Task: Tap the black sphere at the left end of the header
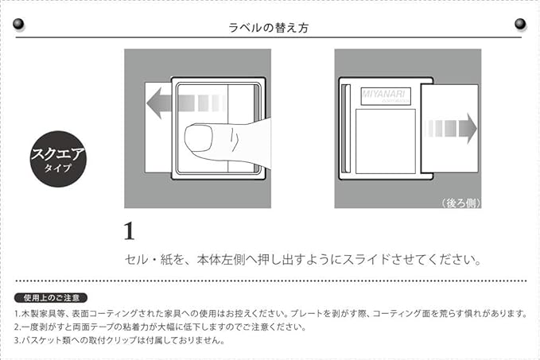point(19,25)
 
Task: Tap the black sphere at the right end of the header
point(520,25)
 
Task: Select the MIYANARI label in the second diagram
point(383,95)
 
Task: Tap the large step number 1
point(129,232)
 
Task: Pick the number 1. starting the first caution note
point(17,313)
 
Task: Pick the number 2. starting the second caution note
point(17,327)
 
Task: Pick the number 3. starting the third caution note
point(17,341)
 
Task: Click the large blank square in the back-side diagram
point(385,141)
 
